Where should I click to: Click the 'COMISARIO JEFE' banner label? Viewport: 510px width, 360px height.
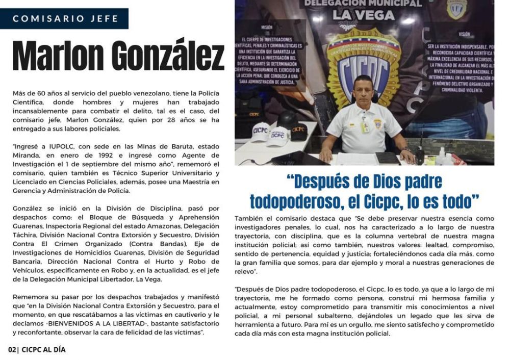[x=65, y=19]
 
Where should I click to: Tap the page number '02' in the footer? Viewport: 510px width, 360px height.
[x=12, y=350]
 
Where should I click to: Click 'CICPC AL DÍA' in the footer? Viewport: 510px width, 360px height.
[x=44, y=350]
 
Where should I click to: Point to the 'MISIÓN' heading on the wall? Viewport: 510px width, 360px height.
[x=267, y=28]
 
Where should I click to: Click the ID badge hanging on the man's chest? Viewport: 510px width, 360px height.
[x=365, y=125]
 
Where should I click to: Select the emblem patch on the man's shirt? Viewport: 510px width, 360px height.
[x=378, y=123]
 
